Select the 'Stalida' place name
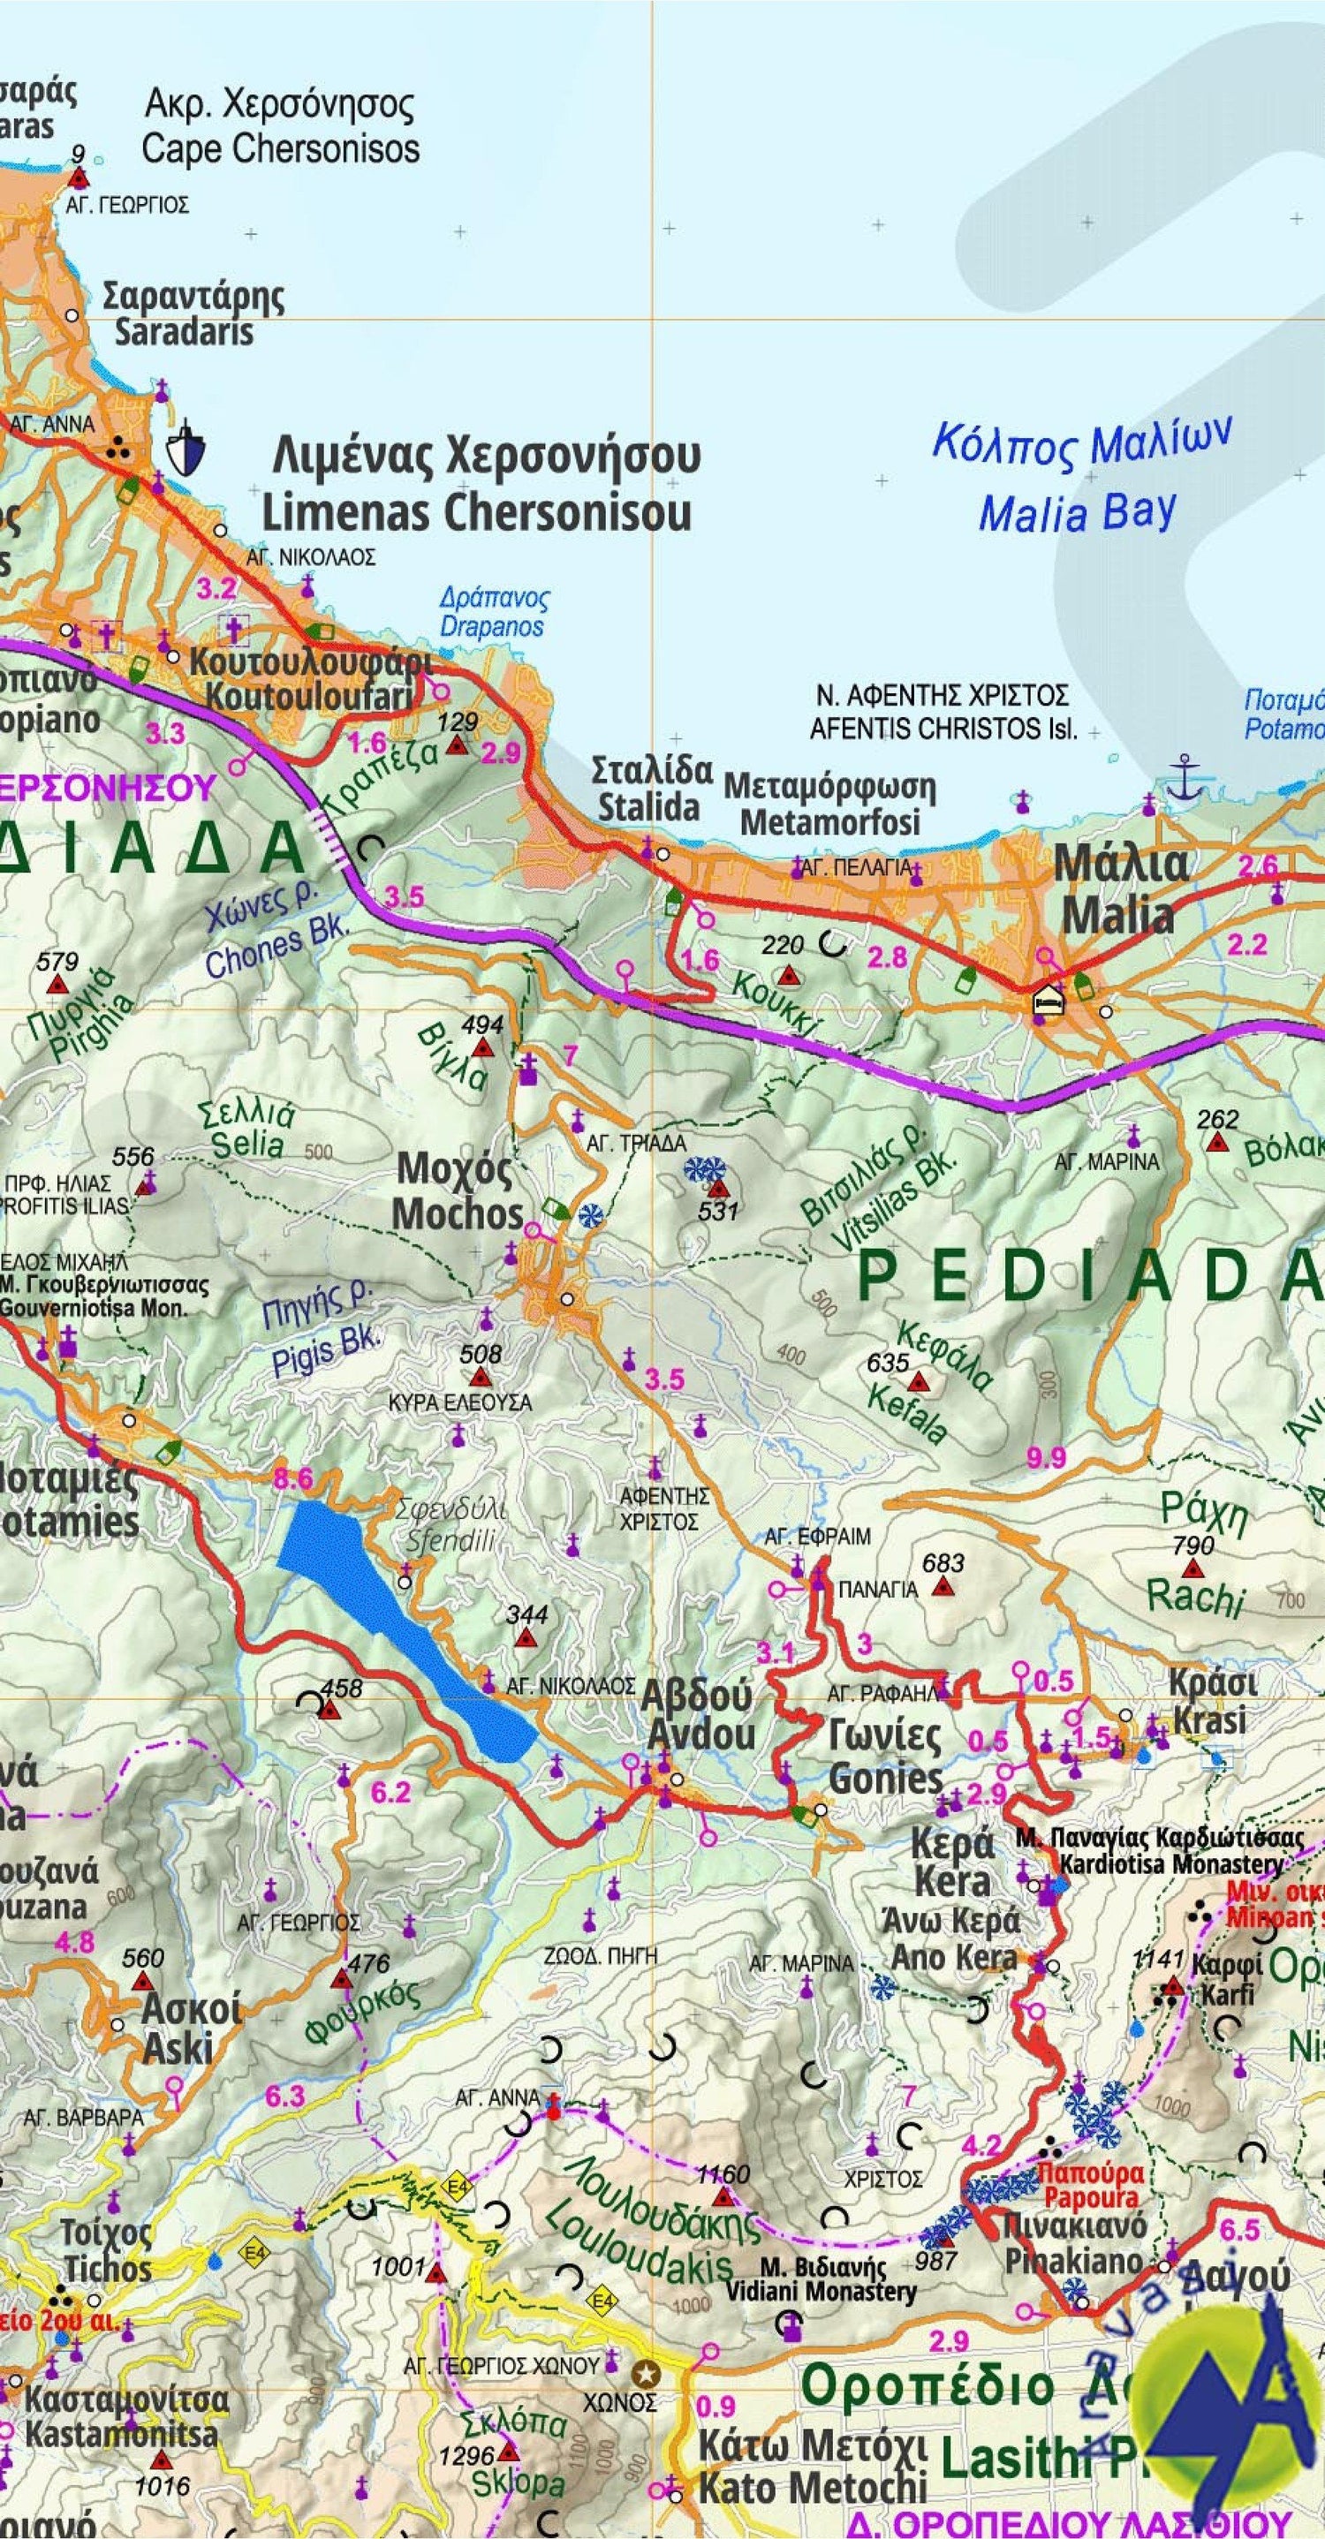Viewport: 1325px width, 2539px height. (x=648, y=806)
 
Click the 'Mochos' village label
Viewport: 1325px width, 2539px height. (x=458, y=1213)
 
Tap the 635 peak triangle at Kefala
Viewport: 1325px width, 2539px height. (x=918, y=1381)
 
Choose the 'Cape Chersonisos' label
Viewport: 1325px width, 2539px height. (x=280, y=149)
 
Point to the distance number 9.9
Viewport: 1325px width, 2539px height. (x=1046, y=1457)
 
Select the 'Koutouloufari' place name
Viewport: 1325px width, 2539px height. (x=307, y=697)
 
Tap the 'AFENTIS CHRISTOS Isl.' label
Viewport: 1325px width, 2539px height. (x=943, y=730)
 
